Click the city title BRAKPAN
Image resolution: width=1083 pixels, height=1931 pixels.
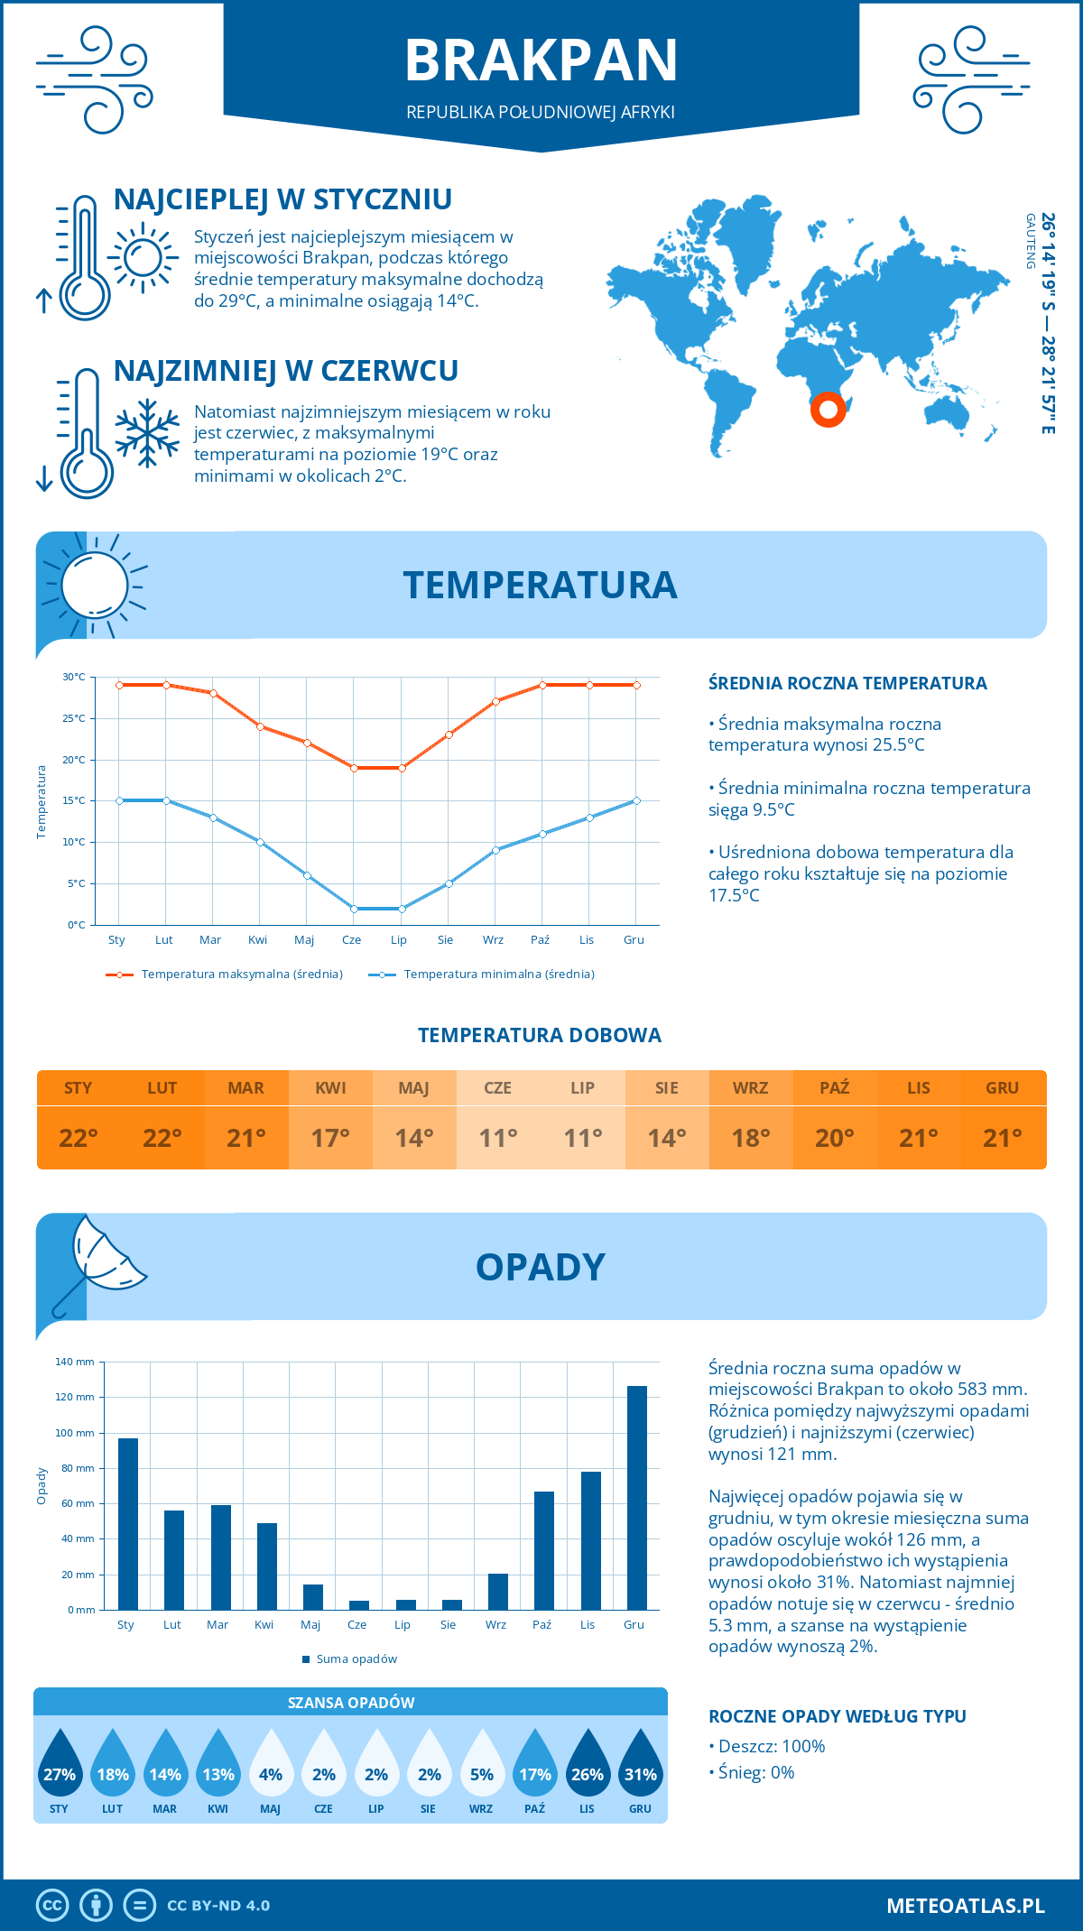(541, 60)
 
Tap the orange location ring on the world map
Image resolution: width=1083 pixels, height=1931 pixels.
(828, 409)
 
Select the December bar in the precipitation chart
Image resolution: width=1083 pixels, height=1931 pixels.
(637, 1498)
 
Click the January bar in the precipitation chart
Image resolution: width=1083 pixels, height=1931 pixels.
(128, 1524)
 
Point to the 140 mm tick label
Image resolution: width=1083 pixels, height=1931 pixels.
(75, 1362)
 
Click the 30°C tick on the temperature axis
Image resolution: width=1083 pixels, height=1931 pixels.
(74, 677)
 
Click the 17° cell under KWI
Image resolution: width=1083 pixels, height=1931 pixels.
(330, 1138)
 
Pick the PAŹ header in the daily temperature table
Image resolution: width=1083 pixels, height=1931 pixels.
(834, 1088)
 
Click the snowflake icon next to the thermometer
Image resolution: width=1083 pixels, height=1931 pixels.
(147, 433)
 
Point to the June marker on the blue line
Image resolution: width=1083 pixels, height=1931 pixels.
(354, 909)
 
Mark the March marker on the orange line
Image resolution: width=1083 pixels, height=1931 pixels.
(213, 693)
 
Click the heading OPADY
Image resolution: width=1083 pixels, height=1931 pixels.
(540, 1267)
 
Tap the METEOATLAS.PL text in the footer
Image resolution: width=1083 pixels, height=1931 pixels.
(965, 1906)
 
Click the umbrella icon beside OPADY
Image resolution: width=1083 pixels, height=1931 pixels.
(99, 1263)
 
